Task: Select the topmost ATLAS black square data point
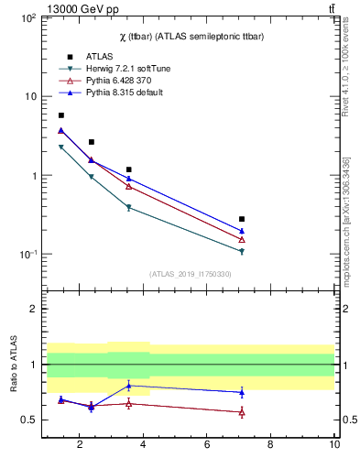click(x=61, y=115)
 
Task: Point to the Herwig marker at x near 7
click(x=242, y=251)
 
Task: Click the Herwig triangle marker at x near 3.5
click(x=129, y=208)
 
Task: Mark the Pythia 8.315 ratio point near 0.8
click(x=129, y=385)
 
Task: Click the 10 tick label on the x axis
click(x=335, y=446)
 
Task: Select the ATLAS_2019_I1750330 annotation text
click(x=191, y=274)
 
